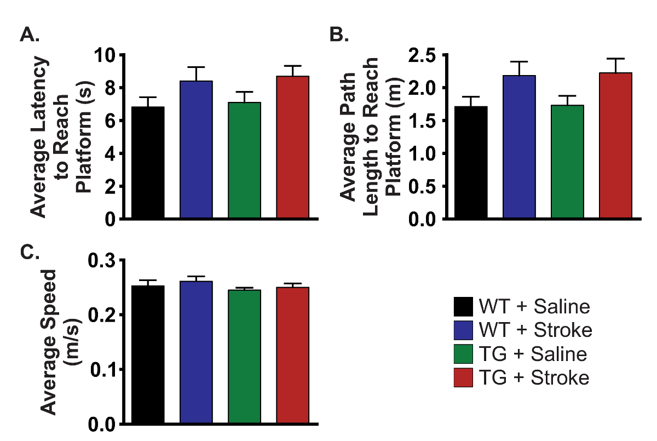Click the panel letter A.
pyautogui.click(x=30, y=35)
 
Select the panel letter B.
pyautogui.click(x=339, y=35)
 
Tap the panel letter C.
pyautogui.click(x=30, y=252)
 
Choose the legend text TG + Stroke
pyautogui.click(x=534, y=378)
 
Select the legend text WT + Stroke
pyautogui.click(x=535, y=330)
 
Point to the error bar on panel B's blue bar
pyautogui.click(x=519, y=68)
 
